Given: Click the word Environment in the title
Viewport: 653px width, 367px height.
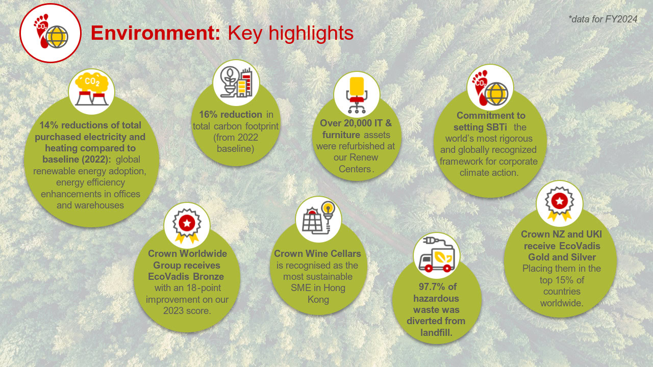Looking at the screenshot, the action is pos(156,33).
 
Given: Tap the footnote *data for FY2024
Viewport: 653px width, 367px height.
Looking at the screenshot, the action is pos(603,19).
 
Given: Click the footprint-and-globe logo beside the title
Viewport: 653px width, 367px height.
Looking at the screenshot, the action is pos(51,33).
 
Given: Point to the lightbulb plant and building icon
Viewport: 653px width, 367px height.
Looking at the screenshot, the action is pos(236,83).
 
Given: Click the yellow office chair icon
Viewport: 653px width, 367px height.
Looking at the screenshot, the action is pos(357,94).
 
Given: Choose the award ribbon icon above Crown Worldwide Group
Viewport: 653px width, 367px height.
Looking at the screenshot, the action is pos(187,225).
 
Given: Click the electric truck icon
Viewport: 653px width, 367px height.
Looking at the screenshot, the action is pos(436,255).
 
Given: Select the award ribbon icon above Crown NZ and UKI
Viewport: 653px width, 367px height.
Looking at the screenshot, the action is pos(560,203).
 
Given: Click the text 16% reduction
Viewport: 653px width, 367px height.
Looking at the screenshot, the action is pos(231,115).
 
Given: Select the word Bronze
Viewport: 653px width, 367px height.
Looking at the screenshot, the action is pos(209,276).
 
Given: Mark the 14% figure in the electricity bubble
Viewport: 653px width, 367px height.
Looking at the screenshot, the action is pos(49,125).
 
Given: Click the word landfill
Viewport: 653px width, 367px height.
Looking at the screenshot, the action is pos(436,332).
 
